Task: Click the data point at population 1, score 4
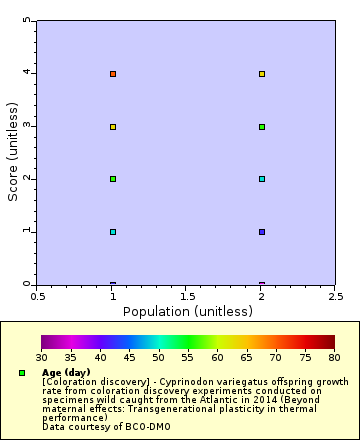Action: (113, 74)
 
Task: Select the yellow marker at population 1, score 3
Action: (113, 127)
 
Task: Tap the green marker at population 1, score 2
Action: (113, 179)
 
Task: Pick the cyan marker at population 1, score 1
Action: (113, 232)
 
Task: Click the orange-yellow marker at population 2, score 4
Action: (262, 74)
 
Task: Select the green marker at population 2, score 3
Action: (262, 127)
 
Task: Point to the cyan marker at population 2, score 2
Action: (262, 179)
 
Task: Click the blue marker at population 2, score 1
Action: (262, 232)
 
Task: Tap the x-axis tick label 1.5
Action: (187, 297)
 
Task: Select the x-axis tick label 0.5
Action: (38, 297)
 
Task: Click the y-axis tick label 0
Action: (27, 284)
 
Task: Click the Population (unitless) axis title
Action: (187, 311)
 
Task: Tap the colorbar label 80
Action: (334, 356)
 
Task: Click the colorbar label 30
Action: (41, 356)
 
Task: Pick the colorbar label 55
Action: (187, 356)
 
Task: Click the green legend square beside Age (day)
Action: (22, 373)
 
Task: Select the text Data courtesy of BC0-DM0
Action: (92, 427)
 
